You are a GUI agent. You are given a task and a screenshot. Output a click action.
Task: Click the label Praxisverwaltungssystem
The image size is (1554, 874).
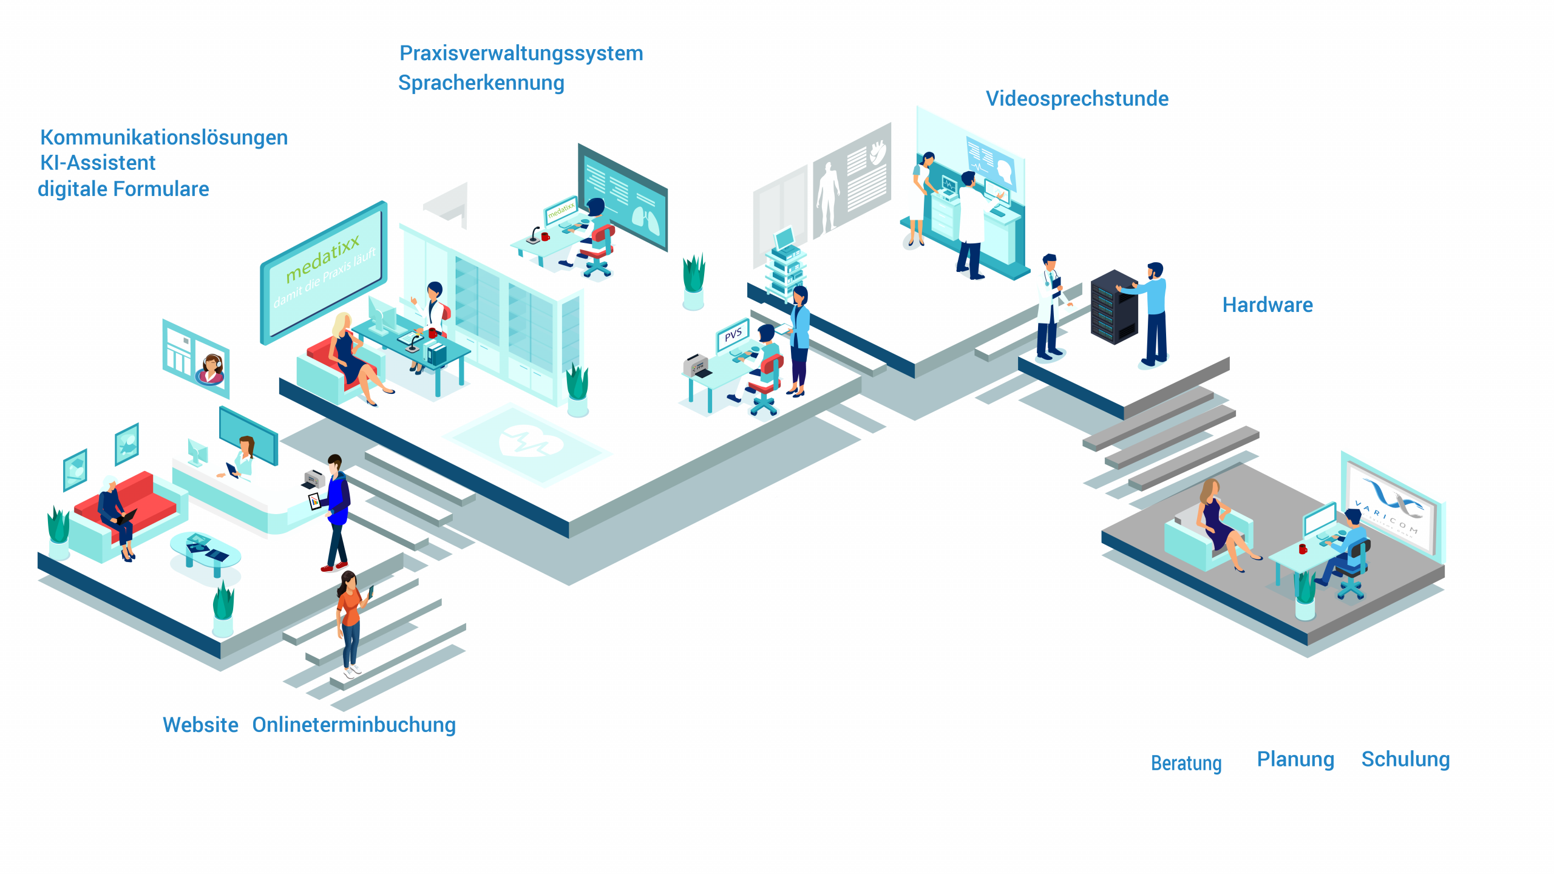pyautogui.click(x=521, y=53)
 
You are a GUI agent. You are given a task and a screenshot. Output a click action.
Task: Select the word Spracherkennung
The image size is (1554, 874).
pyautogui.click(x=481, y=83)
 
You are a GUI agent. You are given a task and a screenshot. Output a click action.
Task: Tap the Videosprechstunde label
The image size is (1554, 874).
pyautogui.click(x=1077, y=98)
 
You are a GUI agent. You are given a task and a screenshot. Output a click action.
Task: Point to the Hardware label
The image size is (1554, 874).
pyautogui.click(x=1267, y=305)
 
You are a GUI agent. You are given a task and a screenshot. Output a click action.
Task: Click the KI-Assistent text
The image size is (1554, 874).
pyautogui.click(x=98, y=163)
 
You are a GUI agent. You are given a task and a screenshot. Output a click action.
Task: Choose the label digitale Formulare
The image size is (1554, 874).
pyautogui.click(x=123, y=189)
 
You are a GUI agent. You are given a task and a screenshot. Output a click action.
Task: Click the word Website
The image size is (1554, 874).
pyautogui.click(x=200, y=725)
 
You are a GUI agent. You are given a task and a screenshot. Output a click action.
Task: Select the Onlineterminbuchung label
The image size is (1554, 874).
pyautogui.click(x=354, y=725)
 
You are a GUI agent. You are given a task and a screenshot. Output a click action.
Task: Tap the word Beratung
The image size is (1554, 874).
pyautogui.click(x=1186, y=763)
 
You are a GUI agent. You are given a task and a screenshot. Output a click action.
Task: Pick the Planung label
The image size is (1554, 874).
pyautogui.click(x=1295, y=759)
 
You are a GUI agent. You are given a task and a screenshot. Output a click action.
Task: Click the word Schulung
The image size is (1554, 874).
pyautogui.click(x=1405, y=759)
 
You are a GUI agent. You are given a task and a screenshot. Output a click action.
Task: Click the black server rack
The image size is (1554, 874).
pyautogui.click(x=1113, y=307)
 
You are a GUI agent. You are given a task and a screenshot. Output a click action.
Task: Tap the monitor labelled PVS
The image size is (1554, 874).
pyautogui.click(x=733, y=334)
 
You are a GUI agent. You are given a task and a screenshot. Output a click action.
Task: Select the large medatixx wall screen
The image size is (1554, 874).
pyautogui.click(x=324, y=271)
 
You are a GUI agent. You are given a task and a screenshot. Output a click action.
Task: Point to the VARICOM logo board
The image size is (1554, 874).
pyautogui.click(x=1391, y=507)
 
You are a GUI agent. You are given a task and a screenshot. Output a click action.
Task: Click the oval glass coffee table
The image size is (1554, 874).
pyautogui.click(x=205, y=551)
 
